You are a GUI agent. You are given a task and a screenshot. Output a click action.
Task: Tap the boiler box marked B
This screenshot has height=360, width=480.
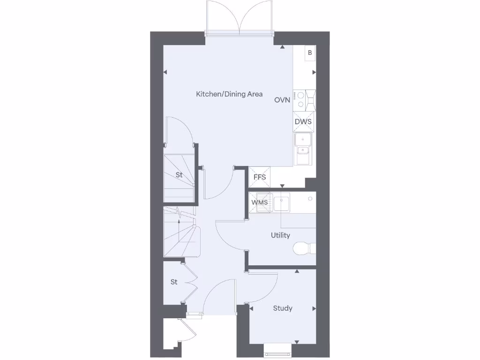click(309, 53)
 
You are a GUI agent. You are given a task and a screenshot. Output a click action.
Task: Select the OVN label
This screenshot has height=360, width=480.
click(282, 100)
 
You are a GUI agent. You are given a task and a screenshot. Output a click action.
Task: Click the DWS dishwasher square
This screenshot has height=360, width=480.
click(303, 122)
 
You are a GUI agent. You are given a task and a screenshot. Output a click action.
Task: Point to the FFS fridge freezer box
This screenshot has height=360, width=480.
click(260, 177)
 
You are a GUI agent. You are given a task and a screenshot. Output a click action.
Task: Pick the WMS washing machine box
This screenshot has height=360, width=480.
click(259, 202)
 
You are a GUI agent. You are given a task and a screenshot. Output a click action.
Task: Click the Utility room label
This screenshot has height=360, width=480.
click(280, 235)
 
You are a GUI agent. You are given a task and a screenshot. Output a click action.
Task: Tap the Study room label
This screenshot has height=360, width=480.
click(283, 308)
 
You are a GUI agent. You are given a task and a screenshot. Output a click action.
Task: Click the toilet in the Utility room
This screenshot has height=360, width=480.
click(304, 247)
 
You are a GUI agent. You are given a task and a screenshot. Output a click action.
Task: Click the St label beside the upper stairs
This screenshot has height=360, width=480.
click(179, 175)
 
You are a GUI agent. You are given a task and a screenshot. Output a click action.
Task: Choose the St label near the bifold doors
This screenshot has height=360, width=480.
click(174, 282)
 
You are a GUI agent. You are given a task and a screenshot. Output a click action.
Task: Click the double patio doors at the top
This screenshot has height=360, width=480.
click(240, 19)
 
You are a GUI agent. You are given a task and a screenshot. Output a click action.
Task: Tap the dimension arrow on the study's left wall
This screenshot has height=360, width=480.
click(252, 308)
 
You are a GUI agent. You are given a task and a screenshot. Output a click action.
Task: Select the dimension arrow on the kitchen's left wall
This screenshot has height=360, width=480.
click(165, 72)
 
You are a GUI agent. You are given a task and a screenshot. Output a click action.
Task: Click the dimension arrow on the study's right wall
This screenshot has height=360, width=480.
click(314, 308)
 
